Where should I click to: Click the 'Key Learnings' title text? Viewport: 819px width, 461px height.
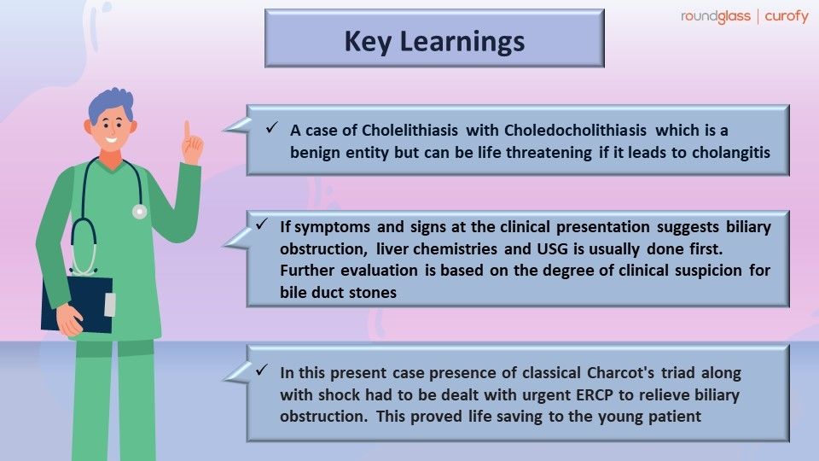[434, 40]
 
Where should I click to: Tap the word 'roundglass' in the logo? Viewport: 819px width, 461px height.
[715, 16]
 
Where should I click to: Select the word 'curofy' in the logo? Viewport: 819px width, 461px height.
[784, 16]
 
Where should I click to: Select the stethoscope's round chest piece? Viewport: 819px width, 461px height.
[139, 211]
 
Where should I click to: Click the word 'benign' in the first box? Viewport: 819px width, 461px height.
[310, 152]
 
